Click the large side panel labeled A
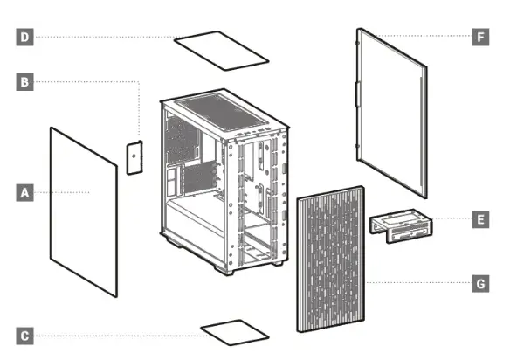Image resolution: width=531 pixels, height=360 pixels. pyautogui.click(x=83, y=210)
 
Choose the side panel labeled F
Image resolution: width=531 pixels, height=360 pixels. pyautogui.click(x=393, y=114)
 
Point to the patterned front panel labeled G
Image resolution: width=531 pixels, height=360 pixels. pyautogui.click(x=332, y=262)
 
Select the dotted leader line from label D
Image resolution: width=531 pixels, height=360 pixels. pyautogui.click(x=105, y=37)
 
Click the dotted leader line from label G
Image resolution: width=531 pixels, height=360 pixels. pyautogui.click(x=419, y=283)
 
